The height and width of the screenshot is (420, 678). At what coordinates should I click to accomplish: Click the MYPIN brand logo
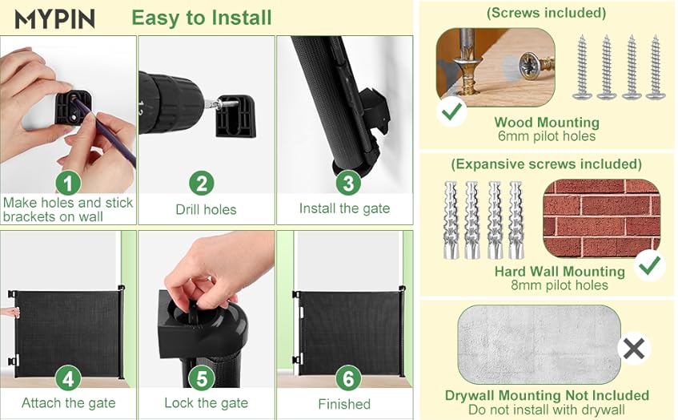(54, 19)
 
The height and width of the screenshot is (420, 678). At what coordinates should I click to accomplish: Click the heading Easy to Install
(202, 18)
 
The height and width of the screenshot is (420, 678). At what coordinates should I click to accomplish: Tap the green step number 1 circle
(68, 184)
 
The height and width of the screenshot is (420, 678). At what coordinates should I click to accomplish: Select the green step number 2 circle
(202, 184)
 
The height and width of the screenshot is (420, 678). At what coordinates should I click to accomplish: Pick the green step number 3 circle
(348, 183)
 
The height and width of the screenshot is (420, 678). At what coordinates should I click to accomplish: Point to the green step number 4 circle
(68, 378)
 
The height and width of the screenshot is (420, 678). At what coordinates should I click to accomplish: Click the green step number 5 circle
(202, 378)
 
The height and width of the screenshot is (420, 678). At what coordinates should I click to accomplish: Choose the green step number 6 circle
(348, 378)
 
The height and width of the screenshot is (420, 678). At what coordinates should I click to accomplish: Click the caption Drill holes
(206, 209)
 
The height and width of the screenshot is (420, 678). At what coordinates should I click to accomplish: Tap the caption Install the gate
(345, 208)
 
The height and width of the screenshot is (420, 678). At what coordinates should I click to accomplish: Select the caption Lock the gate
(207, 403)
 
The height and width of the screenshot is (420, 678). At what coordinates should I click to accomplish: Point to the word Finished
(344, 404)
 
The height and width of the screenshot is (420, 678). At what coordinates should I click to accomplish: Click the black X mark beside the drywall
(634, 348)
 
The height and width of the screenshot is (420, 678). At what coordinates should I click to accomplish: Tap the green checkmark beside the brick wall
(649, 266)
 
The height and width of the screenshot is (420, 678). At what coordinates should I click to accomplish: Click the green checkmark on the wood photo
(451, 111)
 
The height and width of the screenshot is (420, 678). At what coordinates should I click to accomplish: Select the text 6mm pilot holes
(547, 136)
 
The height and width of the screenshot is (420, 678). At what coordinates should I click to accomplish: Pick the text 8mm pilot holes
(560, 285)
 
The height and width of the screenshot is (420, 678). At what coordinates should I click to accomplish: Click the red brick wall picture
(601, 218)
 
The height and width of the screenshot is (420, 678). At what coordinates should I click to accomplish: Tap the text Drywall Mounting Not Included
(547, 395)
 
